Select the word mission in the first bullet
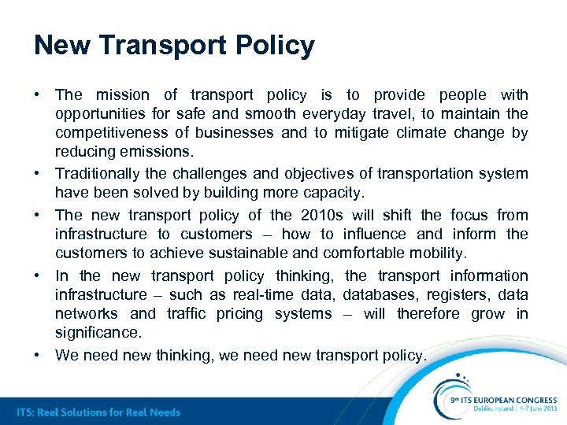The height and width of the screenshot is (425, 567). coord(122,95)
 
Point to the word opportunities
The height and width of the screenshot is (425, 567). coord(99,114)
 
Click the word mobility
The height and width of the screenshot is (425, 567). coord(437,253)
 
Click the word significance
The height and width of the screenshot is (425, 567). coord(97,333)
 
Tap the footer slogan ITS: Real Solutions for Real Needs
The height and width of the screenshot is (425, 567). coord(98,412)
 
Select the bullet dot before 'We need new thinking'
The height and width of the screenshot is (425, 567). coord(37,355)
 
